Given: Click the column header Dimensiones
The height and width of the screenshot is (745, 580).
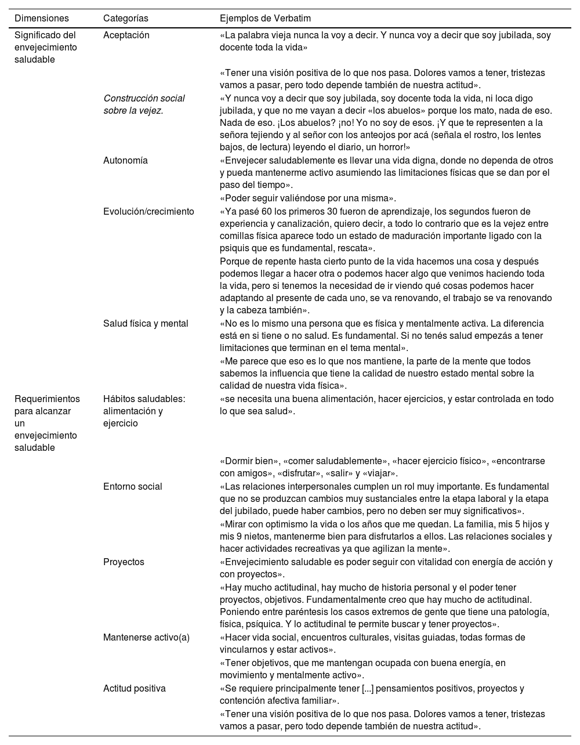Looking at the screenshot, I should coord(41,19).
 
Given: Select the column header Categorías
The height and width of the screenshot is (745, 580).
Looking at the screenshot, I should coord(126,19).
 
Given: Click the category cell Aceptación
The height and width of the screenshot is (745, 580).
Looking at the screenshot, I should coord(126,35).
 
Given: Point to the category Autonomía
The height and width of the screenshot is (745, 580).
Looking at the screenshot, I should coord(125,161).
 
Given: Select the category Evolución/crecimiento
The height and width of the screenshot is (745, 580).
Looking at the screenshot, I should coord(148,212).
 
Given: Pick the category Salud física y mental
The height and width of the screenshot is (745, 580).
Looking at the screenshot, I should coord(146,324).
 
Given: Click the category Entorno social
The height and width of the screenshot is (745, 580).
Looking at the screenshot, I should coord(133,487).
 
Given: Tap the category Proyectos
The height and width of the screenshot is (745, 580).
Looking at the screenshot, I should coord(124,562).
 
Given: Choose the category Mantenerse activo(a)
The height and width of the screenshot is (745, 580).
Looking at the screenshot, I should coord(146,638).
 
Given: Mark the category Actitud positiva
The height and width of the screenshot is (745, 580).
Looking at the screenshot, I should coord(135,689).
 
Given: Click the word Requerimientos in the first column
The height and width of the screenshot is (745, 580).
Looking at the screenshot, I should coord(47,399).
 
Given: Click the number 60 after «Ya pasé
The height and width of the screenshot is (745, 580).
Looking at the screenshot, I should coord(266,212).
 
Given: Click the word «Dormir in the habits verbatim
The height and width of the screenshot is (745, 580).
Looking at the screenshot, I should coord(238,461).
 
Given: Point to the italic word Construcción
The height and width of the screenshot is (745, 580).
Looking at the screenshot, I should coord(132,99).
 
